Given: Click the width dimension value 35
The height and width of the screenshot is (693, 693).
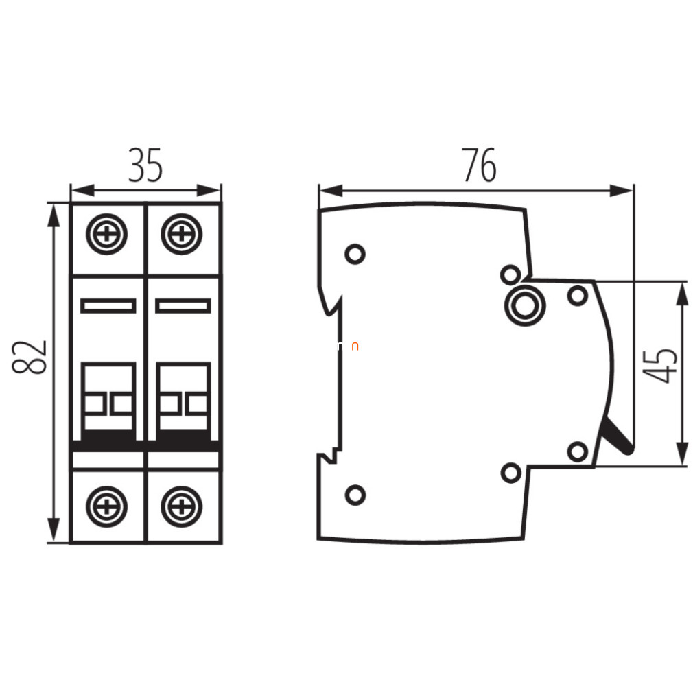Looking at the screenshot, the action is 145,165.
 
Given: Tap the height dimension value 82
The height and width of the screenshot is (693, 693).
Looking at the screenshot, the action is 30,357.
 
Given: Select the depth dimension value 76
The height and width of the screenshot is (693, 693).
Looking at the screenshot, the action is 479,165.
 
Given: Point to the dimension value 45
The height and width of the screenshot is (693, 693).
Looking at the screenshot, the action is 660,366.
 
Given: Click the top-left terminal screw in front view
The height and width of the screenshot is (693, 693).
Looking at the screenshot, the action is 106,234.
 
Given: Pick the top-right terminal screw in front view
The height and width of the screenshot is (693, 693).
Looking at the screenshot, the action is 182,234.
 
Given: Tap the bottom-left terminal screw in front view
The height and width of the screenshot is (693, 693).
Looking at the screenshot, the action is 106,506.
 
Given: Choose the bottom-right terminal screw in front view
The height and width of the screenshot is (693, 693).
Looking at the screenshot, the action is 182,506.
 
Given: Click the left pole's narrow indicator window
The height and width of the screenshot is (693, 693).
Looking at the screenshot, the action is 108,306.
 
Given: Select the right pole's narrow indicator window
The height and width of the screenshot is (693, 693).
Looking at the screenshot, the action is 183,306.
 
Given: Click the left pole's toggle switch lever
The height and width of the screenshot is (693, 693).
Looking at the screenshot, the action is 108,401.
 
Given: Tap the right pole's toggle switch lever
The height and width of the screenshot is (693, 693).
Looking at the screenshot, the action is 183,401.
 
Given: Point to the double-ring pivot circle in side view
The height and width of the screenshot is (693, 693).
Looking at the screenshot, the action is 525,305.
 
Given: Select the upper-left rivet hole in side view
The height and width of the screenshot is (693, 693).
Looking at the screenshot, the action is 355,254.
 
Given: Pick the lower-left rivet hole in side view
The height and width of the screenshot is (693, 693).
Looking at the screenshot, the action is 355,495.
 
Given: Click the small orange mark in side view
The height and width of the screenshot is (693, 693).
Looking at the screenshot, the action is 355,347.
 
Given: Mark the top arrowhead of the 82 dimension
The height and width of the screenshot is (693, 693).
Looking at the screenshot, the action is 53,215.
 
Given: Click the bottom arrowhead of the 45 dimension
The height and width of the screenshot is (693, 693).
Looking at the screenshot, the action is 683,453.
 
